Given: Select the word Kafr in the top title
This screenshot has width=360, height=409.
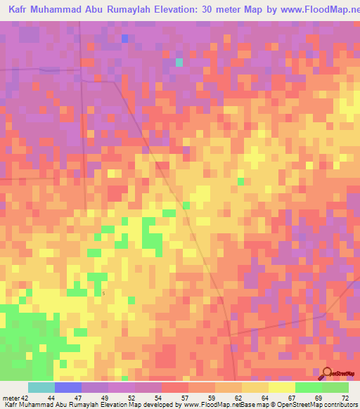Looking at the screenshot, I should (x=20, y=10).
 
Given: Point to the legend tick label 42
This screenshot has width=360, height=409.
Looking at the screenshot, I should (x=25, y=398).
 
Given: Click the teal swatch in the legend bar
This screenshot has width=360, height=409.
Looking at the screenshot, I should (x=41, y=387).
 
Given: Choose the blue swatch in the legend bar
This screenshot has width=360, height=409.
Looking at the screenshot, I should (x=68, y=387).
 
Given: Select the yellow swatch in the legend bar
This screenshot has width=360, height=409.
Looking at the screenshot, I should (x=281, y=387).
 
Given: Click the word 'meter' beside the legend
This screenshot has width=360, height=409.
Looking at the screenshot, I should (x=10, y=398).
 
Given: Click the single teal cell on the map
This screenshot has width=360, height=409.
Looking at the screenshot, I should (x=179, y=62).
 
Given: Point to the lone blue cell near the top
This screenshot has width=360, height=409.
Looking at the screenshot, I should (x=124, y=39).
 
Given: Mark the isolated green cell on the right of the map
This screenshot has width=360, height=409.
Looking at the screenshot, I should (x=240, y=181).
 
